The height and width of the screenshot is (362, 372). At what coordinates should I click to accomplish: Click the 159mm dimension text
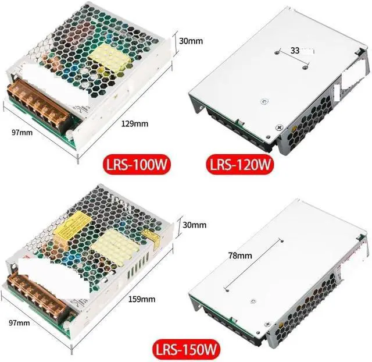[141, 300]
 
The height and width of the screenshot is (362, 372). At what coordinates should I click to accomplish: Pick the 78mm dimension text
[239, 255]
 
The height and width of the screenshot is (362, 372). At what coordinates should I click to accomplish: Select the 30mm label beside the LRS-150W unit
[195, 225]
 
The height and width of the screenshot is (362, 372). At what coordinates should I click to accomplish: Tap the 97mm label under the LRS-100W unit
[22, 133]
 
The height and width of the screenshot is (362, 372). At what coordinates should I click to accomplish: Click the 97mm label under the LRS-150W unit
[22, 322]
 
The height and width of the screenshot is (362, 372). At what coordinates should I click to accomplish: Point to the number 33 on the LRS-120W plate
[295, 51]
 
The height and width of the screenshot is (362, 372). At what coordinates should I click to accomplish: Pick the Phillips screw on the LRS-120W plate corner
[280, 127]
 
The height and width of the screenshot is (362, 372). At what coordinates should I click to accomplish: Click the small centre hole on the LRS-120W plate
[264, 99]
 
